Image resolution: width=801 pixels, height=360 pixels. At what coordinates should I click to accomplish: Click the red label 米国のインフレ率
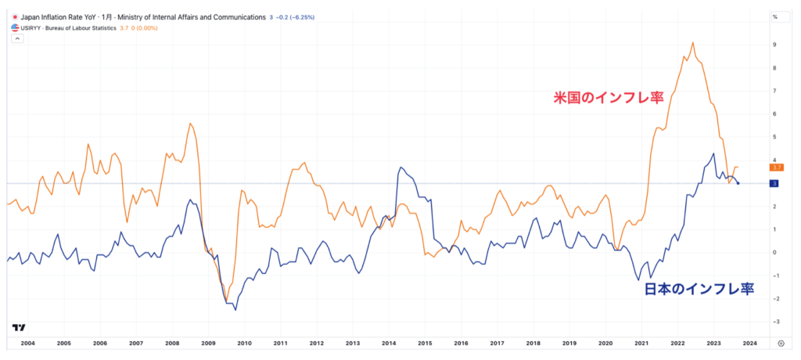click(605, 98)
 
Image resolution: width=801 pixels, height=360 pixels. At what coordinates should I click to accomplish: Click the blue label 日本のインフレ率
click(698, 290)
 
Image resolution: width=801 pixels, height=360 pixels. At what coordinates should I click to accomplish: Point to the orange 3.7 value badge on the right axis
click(777, 167)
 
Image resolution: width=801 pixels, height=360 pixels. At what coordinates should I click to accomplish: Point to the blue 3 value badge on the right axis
click(774, 183)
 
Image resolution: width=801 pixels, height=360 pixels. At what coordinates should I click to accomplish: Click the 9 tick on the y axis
click(774, 45)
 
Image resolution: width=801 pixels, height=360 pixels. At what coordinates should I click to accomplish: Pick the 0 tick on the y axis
click(774, 252)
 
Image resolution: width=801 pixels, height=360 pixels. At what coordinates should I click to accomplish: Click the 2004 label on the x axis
click(27, 343)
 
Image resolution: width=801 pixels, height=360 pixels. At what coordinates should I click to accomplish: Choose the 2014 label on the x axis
click(389, 343)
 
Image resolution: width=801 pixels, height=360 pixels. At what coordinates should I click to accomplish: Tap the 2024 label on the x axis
click(749, 343)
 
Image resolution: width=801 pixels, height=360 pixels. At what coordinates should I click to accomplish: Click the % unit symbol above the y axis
click(775, 16)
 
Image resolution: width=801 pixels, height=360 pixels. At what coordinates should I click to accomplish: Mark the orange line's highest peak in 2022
click(693, 42)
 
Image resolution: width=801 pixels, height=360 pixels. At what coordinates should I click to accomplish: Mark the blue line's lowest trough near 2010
click(235, 310)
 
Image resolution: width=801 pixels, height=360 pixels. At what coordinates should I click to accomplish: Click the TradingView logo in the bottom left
click(19, 327)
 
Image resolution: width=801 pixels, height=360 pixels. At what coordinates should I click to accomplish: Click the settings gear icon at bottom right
click(781, 343)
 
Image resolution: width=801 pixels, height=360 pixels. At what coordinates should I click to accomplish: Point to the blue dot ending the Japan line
click(738, 183)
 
